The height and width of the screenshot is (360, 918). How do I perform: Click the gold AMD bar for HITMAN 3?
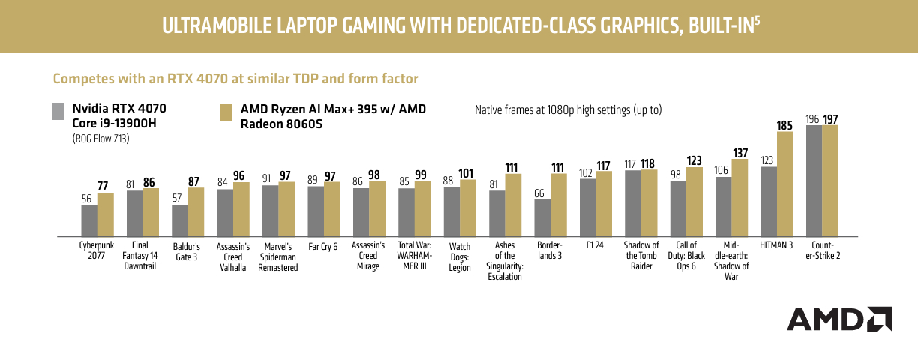[x=784, y=184]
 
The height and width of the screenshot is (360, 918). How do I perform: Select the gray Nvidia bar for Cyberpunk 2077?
[x=89, y=220]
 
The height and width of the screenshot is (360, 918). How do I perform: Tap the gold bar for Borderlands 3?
[x=559, y=205]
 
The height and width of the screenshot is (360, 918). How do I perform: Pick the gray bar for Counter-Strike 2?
[x=814, y=181]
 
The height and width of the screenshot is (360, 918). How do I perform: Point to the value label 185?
[x=784, y=125]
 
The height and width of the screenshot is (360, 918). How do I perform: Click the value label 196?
[x=812, y=119]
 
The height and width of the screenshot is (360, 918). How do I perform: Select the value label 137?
[x=740, y=153]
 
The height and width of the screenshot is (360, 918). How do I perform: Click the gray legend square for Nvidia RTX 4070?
[x=58, y=112]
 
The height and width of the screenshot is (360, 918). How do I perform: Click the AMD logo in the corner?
[x=838, y=319]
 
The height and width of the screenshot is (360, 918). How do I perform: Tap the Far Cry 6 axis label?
[x=323, y=245]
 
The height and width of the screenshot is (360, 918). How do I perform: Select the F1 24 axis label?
[x=595, y=245]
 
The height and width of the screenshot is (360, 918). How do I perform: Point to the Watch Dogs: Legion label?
[x=459, y=256]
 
